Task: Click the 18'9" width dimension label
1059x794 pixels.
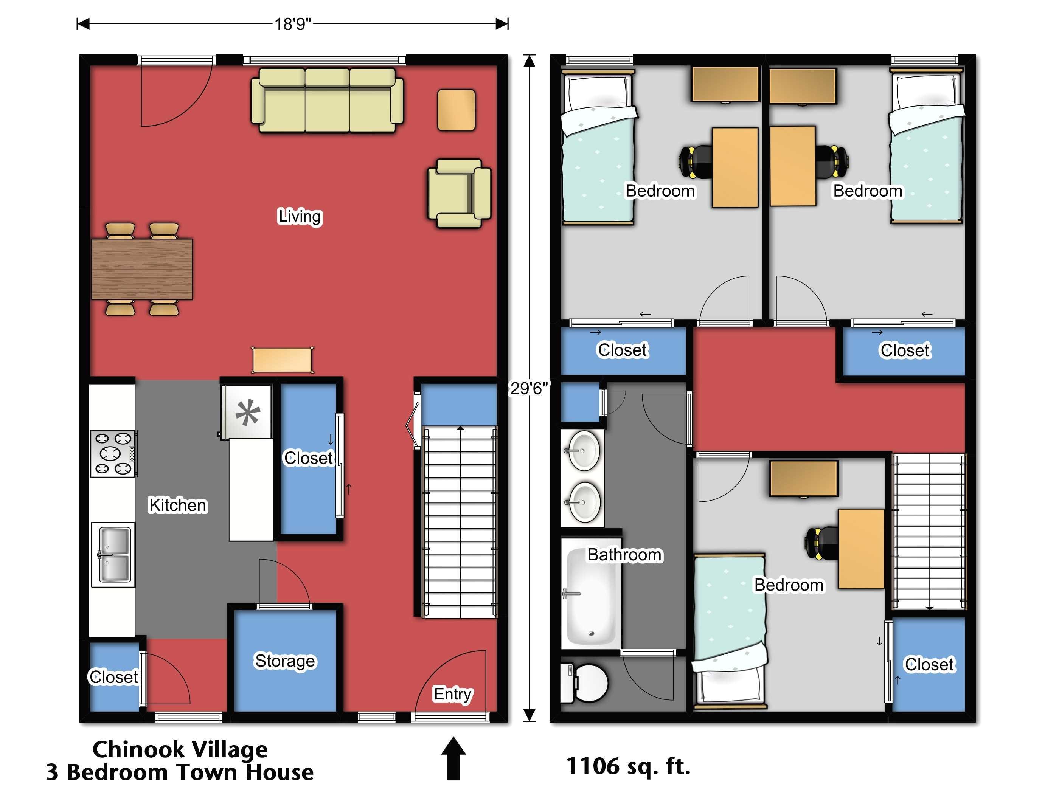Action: pyautogui.click(x=292, y=24)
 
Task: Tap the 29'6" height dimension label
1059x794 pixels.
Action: pyautogui.click(x=528, y=388)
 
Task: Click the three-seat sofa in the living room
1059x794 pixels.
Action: pyautogui.click(x=327, y=100)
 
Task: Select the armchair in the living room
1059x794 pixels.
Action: pyautogui.click(x=459, y=193)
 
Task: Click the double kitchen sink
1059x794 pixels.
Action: pyautogui.click(x=113, y=555)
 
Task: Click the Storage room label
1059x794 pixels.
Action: pyautogui.click(x=285, y=661)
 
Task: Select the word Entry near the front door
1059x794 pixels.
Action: pyautogui.click(x=452, y=694)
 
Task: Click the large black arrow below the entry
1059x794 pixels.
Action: pyautogui.click(x=453, y=758)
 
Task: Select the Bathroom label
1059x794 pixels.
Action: pyautogui.click(x=625, y=554)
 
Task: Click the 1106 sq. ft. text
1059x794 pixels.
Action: pyautogui.click(x=628, y=766)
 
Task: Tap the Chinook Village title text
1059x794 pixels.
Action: pyautogui.click(x=180, y=749)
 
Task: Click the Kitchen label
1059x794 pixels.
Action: pyautogui.click(x=178, y=505)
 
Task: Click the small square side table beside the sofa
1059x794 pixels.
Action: pyautogui.click(x=456, y=110)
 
